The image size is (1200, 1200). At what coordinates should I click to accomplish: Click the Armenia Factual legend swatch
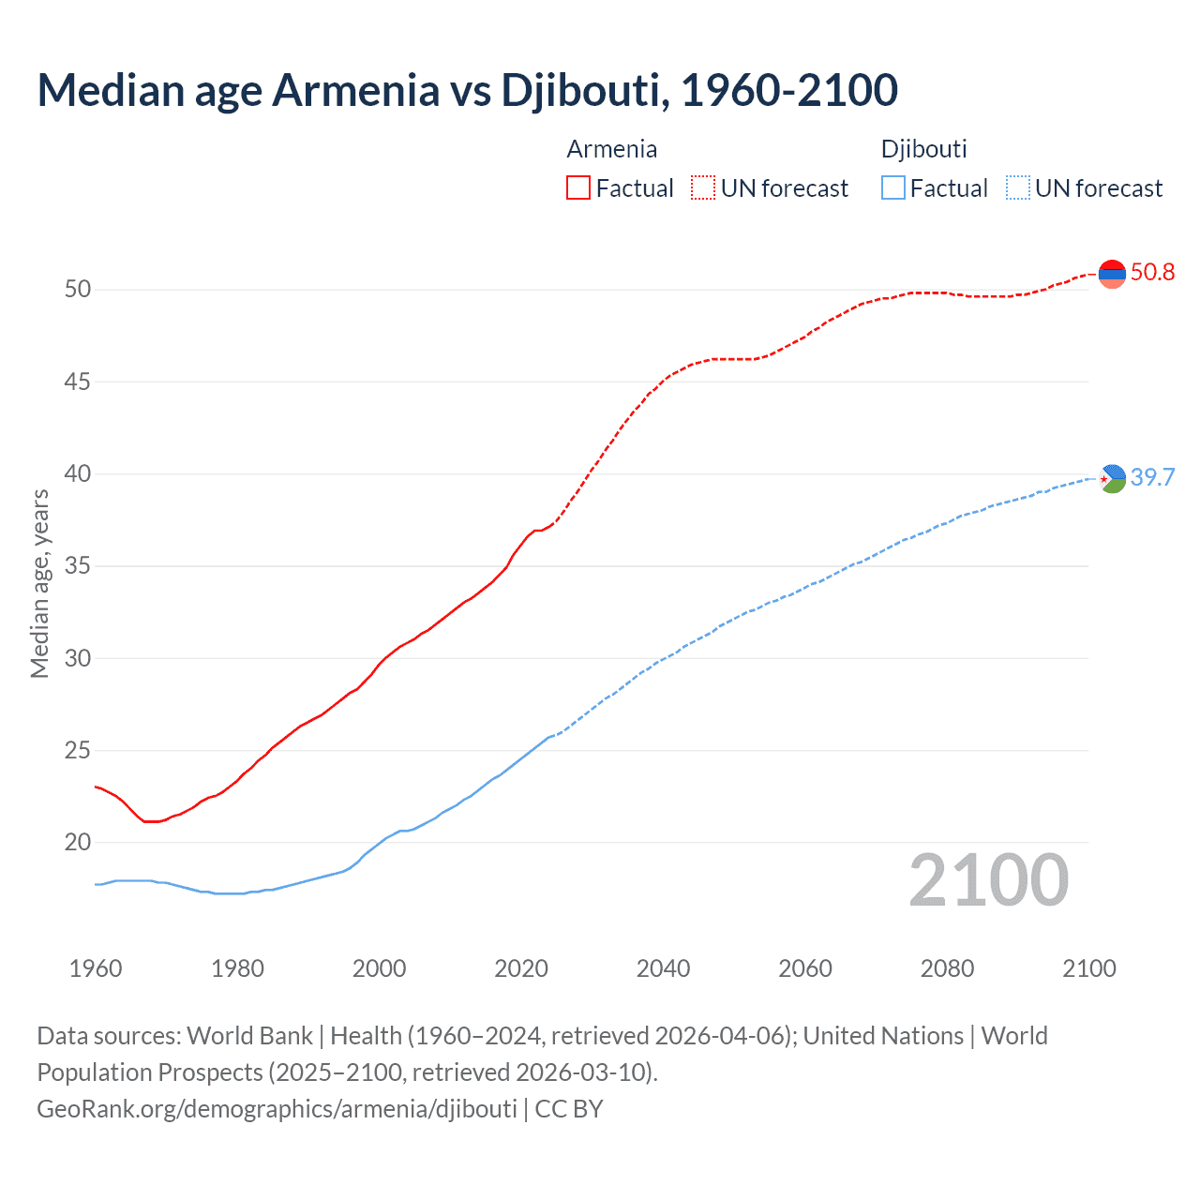click(x=578, y=188)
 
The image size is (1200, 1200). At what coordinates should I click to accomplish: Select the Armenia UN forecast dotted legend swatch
click(x=703, y=188)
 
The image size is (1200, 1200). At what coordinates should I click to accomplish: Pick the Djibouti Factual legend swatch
click(x=893, y=188)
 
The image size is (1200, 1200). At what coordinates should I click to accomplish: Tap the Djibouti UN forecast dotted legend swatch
click(x=1017, y=188)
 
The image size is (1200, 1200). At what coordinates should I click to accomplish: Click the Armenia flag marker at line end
click(x=1112, y=274)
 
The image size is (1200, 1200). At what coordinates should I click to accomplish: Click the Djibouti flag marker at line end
click(x=1112, y=478)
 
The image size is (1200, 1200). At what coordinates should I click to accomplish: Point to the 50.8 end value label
click(x=1152, y=273)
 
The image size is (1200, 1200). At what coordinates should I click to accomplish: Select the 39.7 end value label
click(x=1152, y=477)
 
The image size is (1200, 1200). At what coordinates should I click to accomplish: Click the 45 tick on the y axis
click(x=78, y=382)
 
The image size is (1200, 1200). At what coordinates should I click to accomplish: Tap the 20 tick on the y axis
click(x=78, y=842)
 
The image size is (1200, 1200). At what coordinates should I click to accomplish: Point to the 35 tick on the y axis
click(x=78, y=565)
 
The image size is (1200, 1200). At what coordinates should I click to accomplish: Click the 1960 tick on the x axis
click(x=96, y=968)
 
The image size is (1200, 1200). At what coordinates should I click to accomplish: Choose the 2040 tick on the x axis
click(x=663, y=968)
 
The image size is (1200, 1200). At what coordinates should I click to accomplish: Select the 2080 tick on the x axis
click(x=947, y=968)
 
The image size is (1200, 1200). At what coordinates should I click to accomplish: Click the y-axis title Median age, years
click(x=39, y=583)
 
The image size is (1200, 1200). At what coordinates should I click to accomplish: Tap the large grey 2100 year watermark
click(x=988, y=880)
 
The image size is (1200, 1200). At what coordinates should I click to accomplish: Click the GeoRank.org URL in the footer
click(x=277, y=1109)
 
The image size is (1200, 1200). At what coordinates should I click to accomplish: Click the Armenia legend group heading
click(x=611, y=149)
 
